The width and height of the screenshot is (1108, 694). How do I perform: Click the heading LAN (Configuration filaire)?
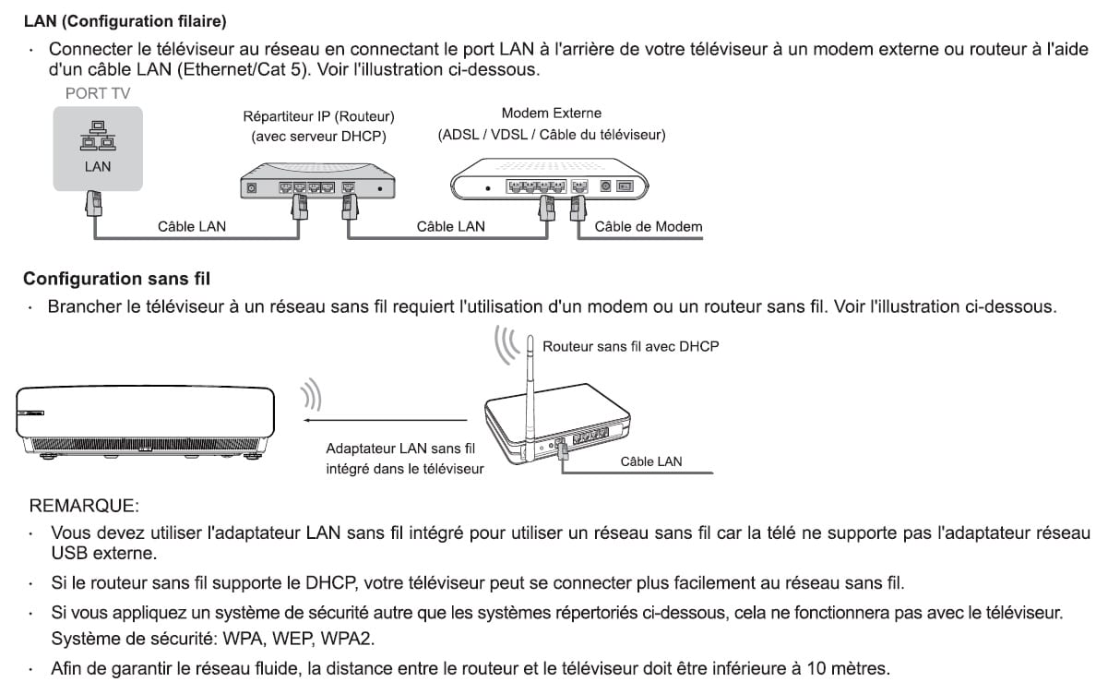[x=125, y=19]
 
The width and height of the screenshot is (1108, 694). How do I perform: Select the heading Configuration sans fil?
[x=116, y=279]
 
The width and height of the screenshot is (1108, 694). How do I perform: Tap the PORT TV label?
[x=97, y=94]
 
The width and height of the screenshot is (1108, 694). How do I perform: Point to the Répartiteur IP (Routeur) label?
[x=318, y=117]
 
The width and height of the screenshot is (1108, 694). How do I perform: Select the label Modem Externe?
[x=551, y=114]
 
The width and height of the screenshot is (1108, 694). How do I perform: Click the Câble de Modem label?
[x=649, y=227]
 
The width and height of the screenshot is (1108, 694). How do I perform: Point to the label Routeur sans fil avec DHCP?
[x=630, y=347]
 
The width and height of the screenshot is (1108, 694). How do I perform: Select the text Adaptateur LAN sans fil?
[x=400, y=449]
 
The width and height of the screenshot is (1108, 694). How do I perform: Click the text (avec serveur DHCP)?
[x=318, y=137]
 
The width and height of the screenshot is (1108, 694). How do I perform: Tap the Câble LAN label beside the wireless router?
[x=651, y=461]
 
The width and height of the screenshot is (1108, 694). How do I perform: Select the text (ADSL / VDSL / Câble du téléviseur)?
[x=552, y=135]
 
